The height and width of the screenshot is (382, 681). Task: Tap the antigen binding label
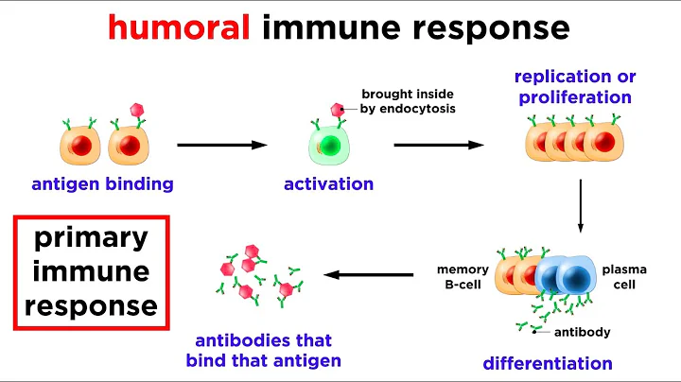point(102,183)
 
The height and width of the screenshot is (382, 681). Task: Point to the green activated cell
point(324,146)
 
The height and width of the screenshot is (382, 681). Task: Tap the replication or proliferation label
point(576,87)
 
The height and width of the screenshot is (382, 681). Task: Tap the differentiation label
point(547,362)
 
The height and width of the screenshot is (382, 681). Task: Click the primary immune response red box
point(85,271)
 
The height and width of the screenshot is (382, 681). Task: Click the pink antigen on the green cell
point(337,111)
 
